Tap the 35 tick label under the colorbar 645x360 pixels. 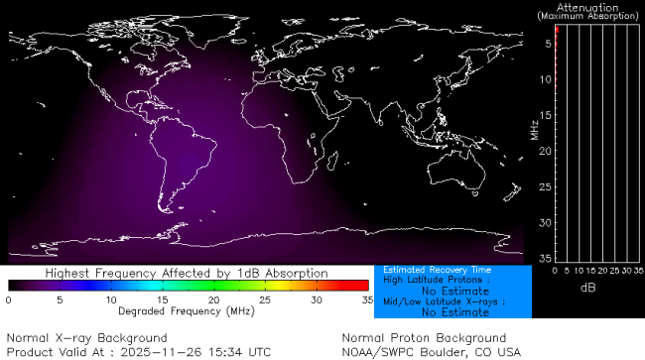tap(365, 300)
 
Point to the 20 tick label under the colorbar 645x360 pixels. tap(213, 300)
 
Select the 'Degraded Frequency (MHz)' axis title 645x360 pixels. tap(186, 310)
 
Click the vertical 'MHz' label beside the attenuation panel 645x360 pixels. tap(534, 130)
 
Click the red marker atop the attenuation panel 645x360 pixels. tap(557, 32)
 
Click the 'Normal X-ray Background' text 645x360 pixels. tap(87, 338)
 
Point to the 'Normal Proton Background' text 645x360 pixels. tap(424, 338)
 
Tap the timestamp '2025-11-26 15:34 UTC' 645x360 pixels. tap(198, 351)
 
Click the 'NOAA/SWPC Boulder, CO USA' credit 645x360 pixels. tap(431, 351)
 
